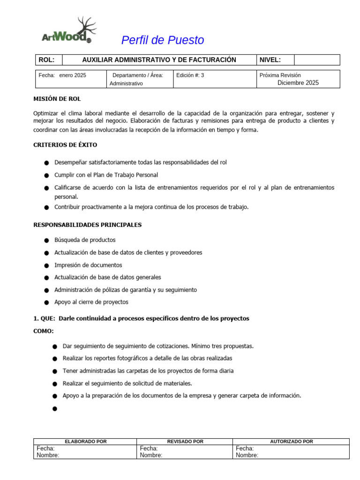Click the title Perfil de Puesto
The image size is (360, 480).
coord(163,40)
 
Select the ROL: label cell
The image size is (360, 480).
coord(49,60)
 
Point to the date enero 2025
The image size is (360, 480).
coord(72,75)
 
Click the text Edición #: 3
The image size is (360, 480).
coord(190,75)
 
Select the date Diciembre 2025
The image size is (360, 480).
coord(298,83)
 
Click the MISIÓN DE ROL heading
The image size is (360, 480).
coord(60,99)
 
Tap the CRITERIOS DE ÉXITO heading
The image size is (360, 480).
coord(65,145)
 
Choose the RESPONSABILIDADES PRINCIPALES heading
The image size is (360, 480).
coord(87,225)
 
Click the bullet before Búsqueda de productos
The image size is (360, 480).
coord(46,240)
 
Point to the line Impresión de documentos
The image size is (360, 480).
coord(88,265)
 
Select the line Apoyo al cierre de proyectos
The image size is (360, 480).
coord(91,302)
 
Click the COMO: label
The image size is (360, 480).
coord(44,331)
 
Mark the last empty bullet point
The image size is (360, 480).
coord(54,409)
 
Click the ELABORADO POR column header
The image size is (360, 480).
coord(85,442)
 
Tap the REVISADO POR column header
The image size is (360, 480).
coord(185,442)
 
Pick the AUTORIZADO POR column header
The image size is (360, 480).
coord(292,442)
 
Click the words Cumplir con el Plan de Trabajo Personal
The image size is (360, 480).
coord(106,175)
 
